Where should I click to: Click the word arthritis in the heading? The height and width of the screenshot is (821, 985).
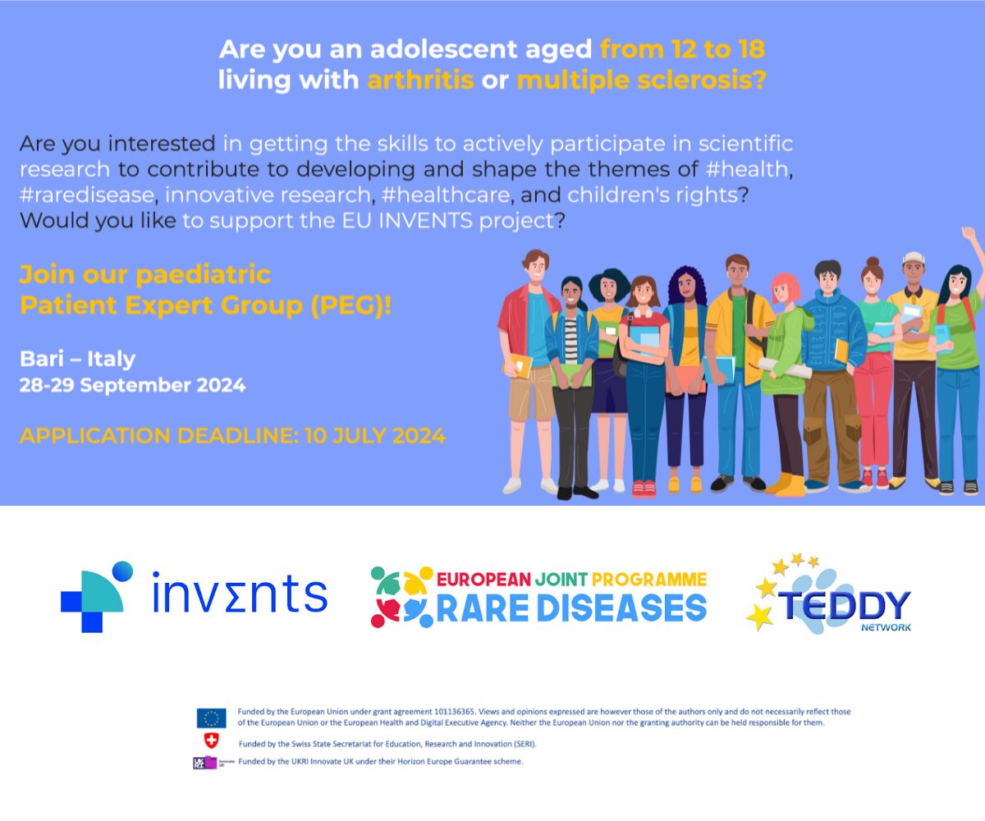(420, 80)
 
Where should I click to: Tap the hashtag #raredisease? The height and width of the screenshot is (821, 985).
(86, 195)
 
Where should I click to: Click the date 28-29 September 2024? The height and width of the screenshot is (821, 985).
(132, 385)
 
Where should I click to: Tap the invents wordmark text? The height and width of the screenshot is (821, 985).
(240, 594)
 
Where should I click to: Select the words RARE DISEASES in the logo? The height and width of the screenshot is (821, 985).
(571, 609)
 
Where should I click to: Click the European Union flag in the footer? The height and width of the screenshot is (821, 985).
(211, 718)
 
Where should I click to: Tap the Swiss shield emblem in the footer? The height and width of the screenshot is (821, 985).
(212, 741)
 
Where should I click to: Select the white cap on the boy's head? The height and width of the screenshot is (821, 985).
(913, 259)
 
